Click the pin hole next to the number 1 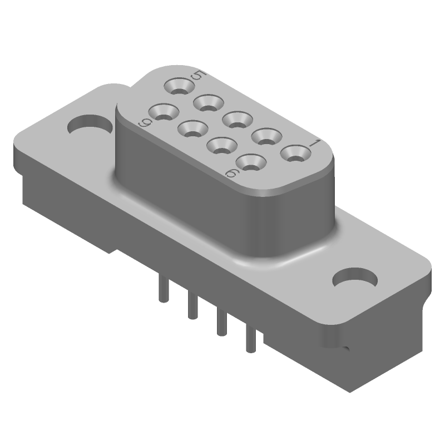click(293, 152)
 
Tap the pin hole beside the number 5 click(179, 86)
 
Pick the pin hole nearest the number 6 click(250, 162)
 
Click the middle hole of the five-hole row click(236, 118)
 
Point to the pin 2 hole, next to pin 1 click(265, 135)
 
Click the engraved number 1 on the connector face click(313, 144)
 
